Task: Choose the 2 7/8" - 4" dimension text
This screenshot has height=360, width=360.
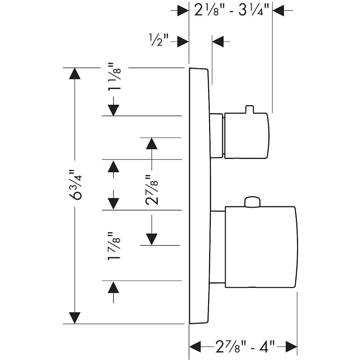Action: [243, 345]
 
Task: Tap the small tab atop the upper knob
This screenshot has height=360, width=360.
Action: [249, 109]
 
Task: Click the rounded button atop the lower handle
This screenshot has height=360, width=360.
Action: [252, 202]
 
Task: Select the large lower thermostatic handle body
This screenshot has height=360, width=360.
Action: [261, 247]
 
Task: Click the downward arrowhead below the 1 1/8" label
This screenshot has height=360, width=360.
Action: [114, 110]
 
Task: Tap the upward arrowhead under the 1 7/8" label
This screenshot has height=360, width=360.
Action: [114, 287]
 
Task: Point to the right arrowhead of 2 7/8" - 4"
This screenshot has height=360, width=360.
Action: [291, 346]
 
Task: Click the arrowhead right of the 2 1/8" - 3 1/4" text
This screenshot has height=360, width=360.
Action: [278, 10]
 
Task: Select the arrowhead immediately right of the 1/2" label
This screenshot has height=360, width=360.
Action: [183, 41]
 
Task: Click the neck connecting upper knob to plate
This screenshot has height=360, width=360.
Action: [217, 136]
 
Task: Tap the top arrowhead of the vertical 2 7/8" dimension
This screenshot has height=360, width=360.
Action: [152, 144]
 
